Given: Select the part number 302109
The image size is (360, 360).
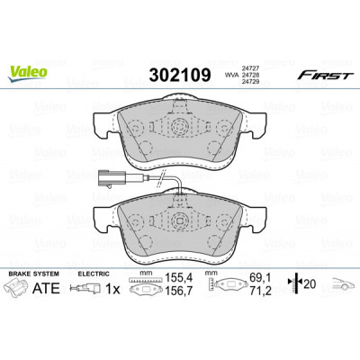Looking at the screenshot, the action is [x=180, y=75].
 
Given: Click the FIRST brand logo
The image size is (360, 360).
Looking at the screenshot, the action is [x=326, y=76].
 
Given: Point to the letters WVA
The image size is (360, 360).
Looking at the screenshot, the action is [x=230, y=76].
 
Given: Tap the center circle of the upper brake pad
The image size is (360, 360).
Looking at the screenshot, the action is [x=179, y=127].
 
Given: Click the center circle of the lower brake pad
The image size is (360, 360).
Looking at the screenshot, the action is [x=179, y=220].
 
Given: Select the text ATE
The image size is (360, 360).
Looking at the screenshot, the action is [x=46, y=288].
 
